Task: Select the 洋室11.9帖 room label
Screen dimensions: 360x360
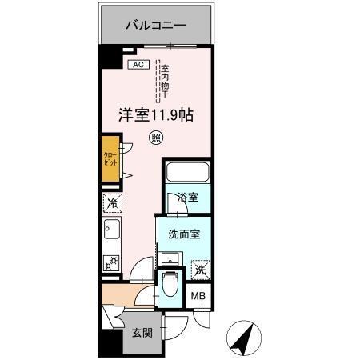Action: coord(154,114)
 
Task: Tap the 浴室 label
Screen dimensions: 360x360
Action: coord(187,196)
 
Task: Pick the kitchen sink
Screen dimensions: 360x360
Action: coord(110,233)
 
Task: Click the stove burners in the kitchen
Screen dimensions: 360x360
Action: coord(111,262)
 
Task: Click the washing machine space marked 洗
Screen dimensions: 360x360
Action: coord(200,269)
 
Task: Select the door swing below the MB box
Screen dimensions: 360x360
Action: coord(200,318)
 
